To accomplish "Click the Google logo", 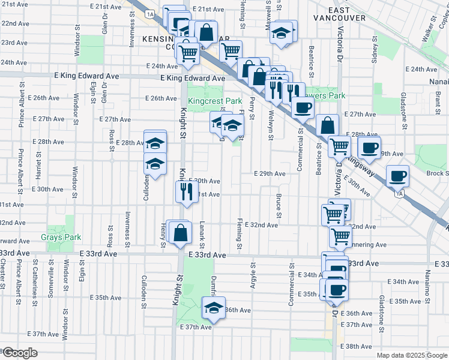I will tap(20, 353).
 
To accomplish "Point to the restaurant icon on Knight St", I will tap(186, 191).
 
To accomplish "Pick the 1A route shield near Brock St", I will tap(398, 193).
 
